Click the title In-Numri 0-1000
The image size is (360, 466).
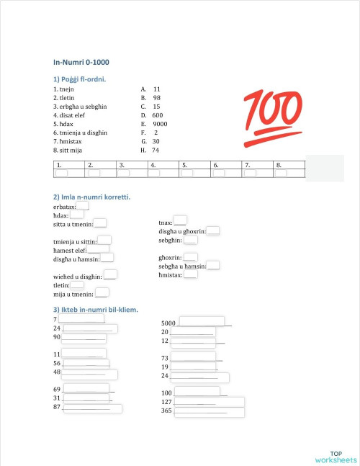(x=81, y=63)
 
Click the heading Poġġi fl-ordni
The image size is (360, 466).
(x=80, y=79)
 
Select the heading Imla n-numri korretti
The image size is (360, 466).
(x=91, y=197)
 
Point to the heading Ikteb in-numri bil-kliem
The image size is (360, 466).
(x=96, y=310)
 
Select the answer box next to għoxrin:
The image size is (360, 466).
(x=191, y=257)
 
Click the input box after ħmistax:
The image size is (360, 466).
(x=191, y=274)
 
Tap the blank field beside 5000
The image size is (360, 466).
(x=201, y=321)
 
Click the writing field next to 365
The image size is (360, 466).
(x=209, y=412)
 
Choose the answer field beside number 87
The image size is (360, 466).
(x=92, y=408)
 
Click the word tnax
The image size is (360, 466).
(x=165, y=223)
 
